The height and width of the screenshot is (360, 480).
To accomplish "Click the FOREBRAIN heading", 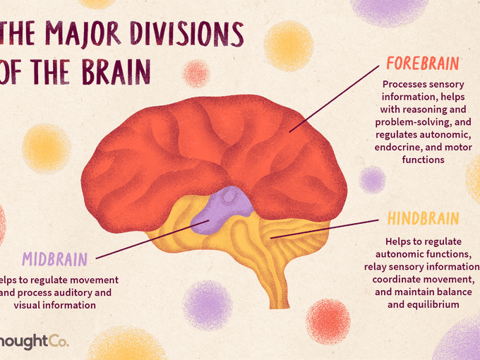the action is click(423, 64).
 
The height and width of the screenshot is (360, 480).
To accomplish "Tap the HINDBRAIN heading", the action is click(424, 218).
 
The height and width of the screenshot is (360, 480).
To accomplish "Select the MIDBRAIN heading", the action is click(54, 257).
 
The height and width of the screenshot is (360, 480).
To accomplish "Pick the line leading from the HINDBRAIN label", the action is click(325, 227).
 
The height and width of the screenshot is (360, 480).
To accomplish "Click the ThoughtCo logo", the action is click(32, 342).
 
